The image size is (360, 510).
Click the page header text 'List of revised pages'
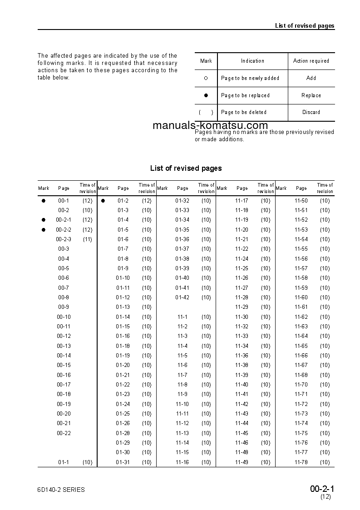click(x=304, y=25)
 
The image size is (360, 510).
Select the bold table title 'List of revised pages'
click(x=186, y=168)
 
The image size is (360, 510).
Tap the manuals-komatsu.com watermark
click(x=210, y=125)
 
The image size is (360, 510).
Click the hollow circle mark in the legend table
click(x=206, y=78)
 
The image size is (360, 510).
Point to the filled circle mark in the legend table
click(x=206, y=95)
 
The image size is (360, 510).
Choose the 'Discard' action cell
click(x=311, y=112)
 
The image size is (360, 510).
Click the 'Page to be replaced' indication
click(x=245, y=95)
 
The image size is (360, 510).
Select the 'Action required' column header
click(x=311, y=61)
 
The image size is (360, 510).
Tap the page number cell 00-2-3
click(x=64, y=239)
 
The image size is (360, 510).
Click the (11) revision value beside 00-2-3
click(x=87, y=239)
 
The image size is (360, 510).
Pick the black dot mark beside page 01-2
click(x=103, y=200)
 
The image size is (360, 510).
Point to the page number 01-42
click(x=182, y=297)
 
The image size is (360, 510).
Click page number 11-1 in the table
click(x=182, y=317)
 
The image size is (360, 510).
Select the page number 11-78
click(x=301, y=462)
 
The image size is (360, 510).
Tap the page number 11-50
click(x=301, y=200)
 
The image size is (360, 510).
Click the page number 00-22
click(x=64, y=433)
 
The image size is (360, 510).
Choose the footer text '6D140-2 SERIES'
click(x=61, y=490)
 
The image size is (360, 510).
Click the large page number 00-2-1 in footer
click(x=322, y=489)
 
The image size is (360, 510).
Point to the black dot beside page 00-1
click(x=44, y=200)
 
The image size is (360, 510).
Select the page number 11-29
click(x=242, y=307)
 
